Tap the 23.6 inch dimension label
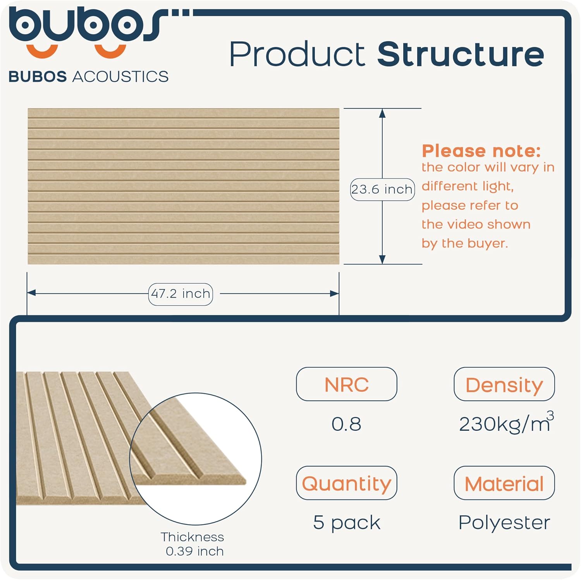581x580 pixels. (382, 189)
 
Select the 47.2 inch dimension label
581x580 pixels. (180, 294)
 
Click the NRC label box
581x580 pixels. (346, 384)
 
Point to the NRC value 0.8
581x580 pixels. (346, 424)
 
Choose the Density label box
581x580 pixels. (504, 384)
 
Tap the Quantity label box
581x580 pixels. (346, 483)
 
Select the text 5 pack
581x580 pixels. (347, 523)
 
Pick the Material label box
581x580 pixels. (504, 483)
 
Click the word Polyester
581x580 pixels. (504, 523)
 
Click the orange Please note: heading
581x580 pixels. (481, 151)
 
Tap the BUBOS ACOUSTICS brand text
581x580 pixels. (88, 77)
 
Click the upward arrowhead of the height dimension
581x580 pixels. (382, 113)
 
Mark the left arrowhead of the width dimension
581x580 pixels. (31, 293)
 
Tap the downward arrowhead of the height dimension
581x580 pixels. (382, 260)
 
